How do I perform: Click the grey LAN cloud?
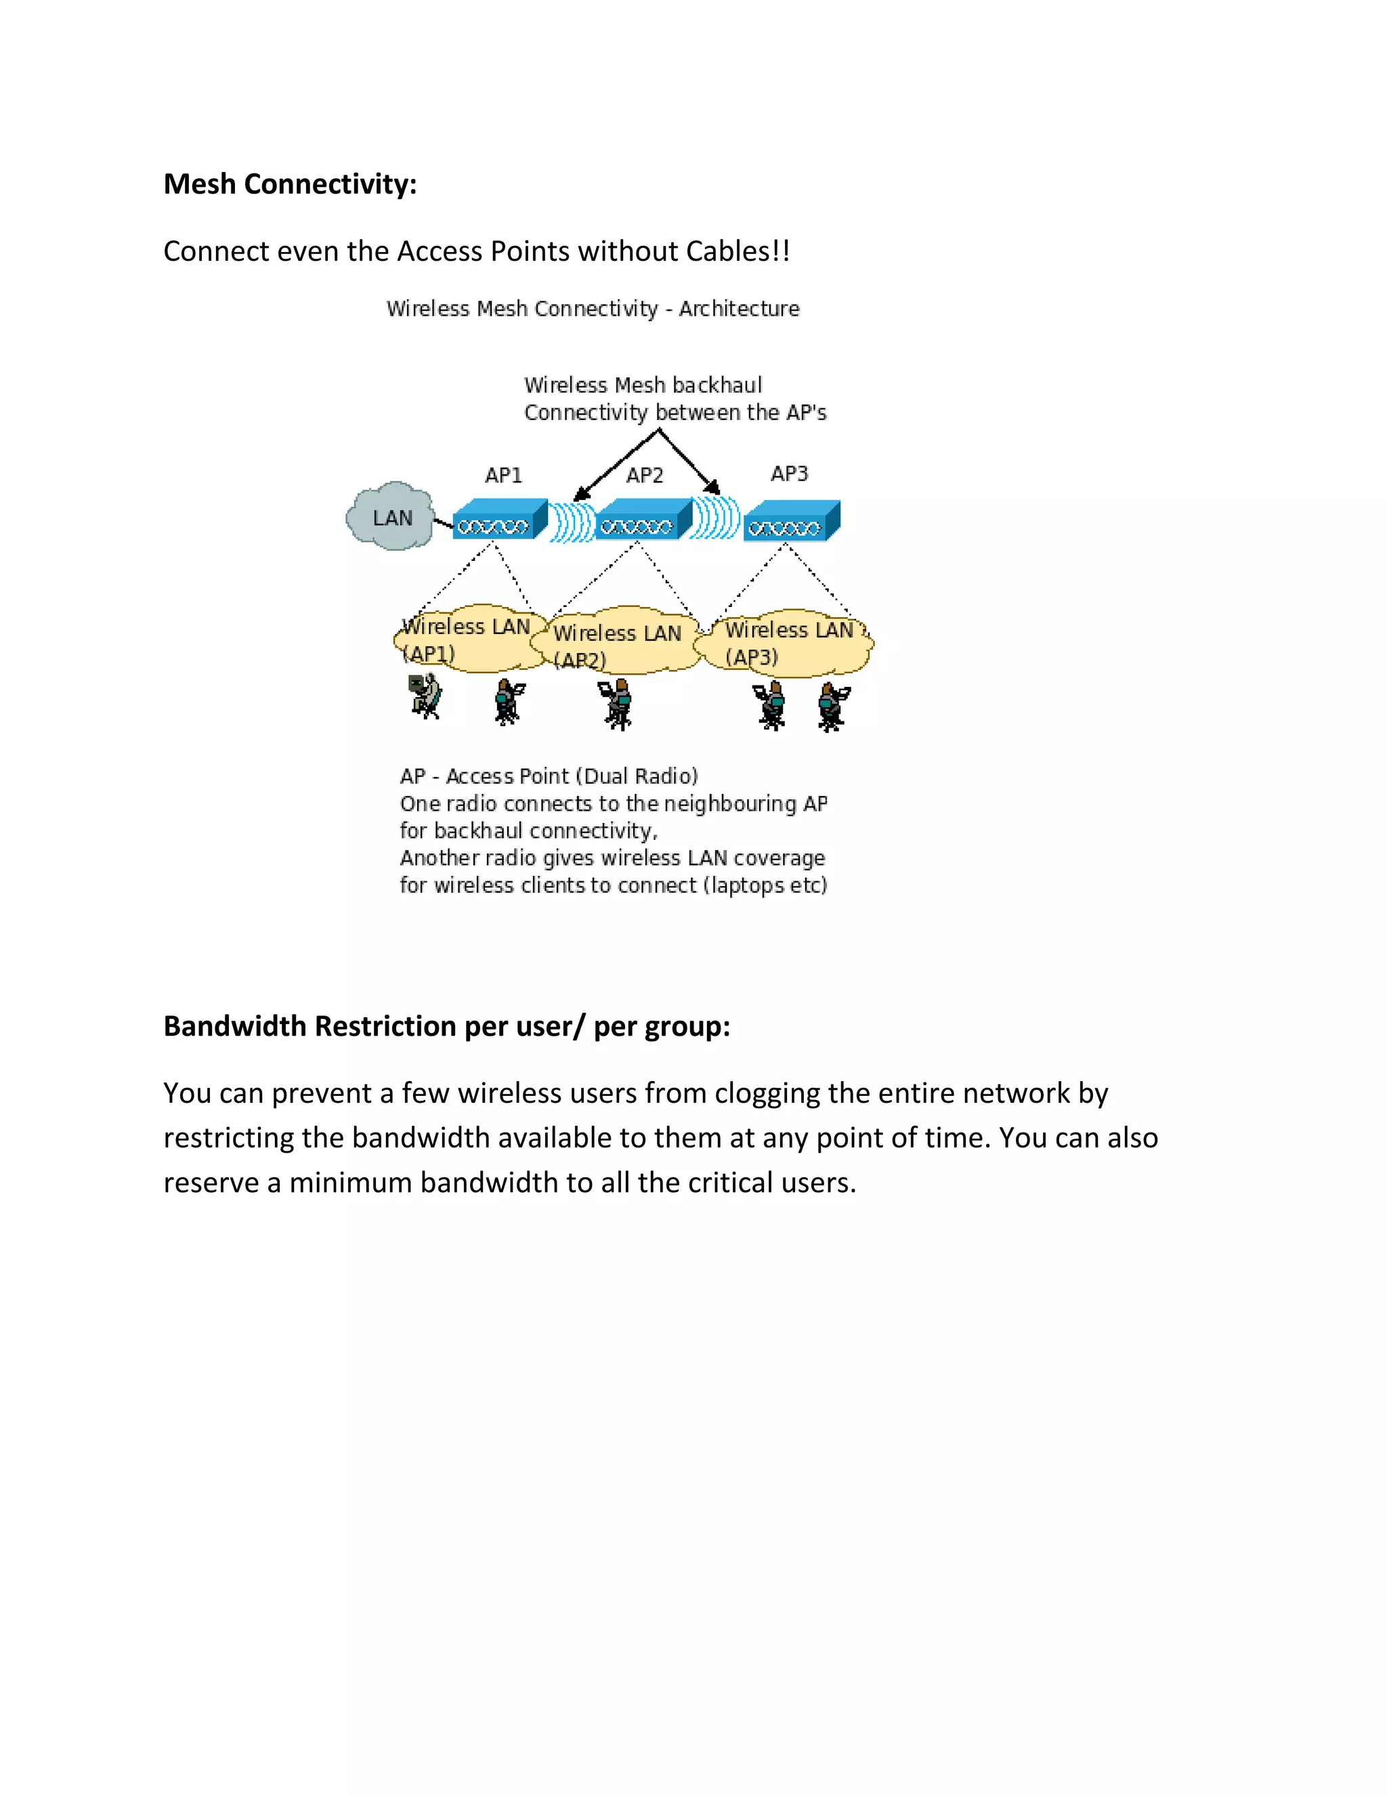tap(390, 517)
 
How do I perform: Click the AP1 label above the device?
tap(503, 475)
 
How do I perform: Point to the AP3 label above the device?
tap(789, 473)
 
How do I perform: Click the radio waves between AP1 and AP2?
tap(571, 521)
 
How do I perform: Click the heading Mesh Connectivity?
tap(290, 184)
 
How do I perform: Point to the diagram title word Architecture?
tap(739, 308)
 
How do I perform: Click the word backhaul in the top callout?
tap(717, 385)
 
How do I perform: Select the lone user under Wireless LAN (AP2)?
tap(617, 704)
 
